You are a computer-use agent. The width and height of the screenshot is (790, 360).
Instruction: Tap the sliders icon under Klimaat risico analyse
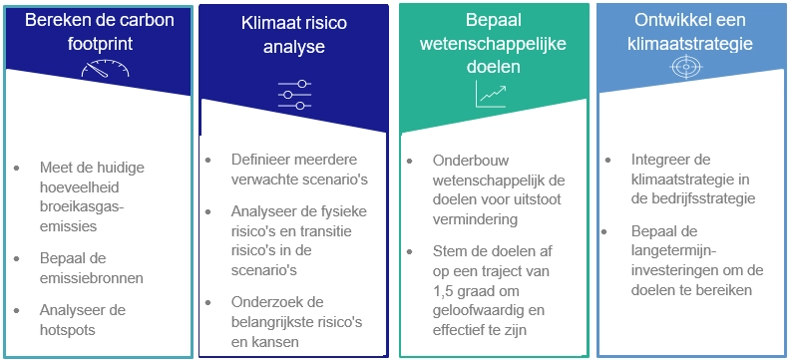(x=294, y=95)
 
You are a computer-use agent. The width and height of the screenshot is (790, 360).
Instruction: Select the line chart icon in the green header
(x=491, y=94)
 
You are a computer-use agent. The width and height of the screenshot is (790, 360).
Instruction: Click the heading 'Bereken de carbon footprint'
(x=97, y=32)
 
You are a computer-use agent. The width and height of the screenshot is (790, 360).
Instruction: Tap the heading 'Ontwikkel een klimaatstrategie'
(x=687, y=32)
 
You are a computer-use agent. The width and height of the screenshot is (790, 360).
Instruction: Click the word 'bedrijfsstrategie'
(x=691, y=198)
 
